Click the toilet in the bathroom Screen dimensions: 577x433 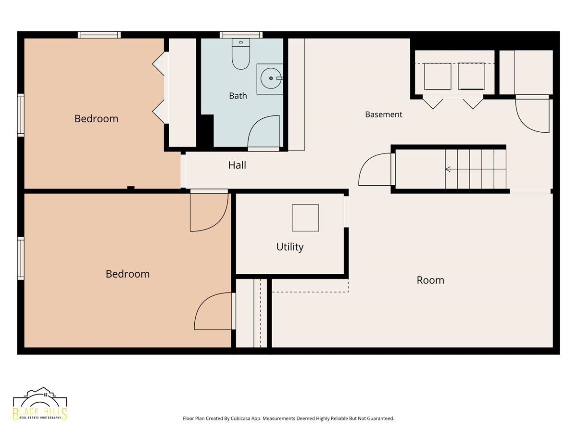click(x=240, y=54)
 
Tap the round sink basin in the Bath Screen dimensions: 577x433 click(x=271, y=78)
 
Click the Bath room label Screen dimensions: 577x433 click(x=238, y=96)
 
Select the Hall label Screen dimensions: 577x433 click(x=237, y=165)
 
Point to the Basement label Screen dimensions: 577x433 click(x=384, y=115)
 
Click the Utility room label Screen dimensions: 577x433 click(x=289, y=247)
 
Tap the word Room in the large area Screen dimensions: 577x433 click(x=430, y=280)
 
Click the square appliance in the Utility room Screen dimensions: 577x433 click(x=305, y=217)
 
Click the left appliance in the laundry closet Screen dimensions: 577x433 click(x=438, y=76)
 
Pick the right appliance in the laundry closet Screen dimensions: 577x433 click(x=471, y=76)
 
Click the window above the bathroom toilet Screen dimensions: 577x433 click(x=241, y=35)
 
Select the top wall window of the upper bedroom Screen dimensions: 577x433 click(x=99, y=35)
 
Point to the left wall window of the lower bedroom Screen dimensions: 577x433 click(x=21, y=258)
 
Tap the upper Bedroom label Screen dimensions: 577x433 click(x=96, y=118)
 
